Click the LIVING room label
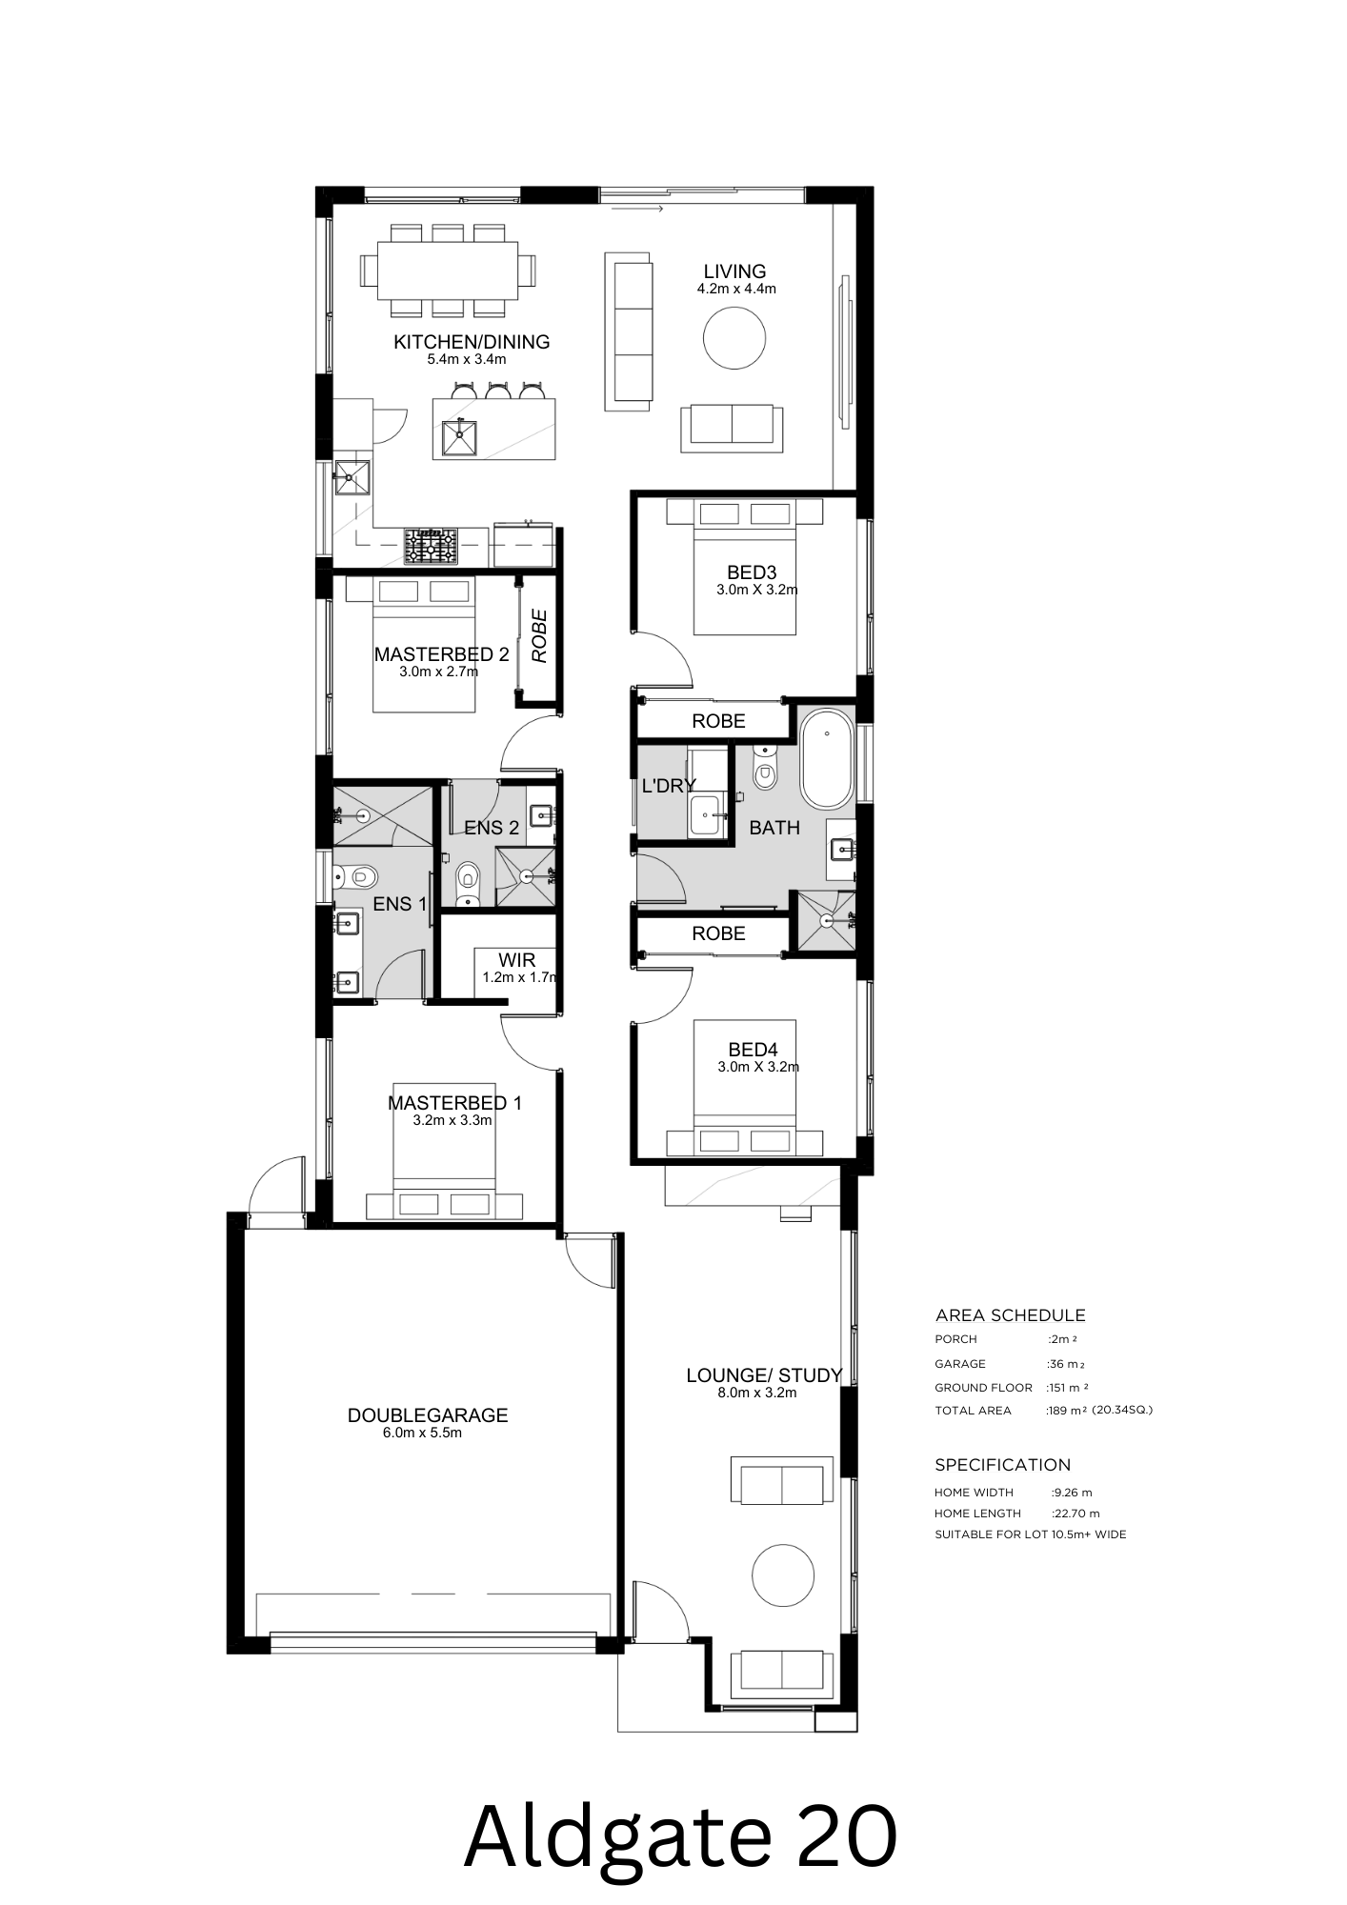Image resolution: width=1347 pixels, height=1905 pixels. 734,272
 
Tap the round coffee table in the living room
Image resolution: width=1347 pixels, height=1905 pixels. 734,337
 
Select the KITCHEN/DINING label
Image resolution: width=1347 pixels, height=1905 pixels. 472,342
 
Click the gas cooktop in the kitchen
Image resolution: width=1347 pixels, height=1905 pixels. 432,547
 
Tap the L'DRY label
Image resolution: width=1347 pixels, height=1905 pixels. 669,786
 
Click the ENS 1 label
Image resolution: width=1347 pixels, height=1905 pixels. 399,904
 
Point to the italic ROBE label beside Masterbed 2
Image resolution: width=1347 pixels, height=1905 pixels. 539,637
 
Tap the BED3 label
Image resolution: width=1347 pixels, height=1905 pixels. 751,572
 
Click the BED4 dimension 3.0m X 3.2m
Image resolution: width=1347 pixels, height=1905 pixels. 758,1067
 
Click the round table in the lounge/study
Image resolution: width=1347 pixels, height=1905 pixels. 782,1575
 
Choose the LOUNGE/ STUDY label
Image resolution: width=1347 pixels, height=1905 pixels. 764,1375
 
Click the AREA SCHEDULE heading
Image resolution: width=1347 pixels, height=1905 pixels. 1010,1315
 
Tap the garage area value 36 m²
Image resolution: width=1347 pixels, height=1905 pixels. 1065,1364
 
